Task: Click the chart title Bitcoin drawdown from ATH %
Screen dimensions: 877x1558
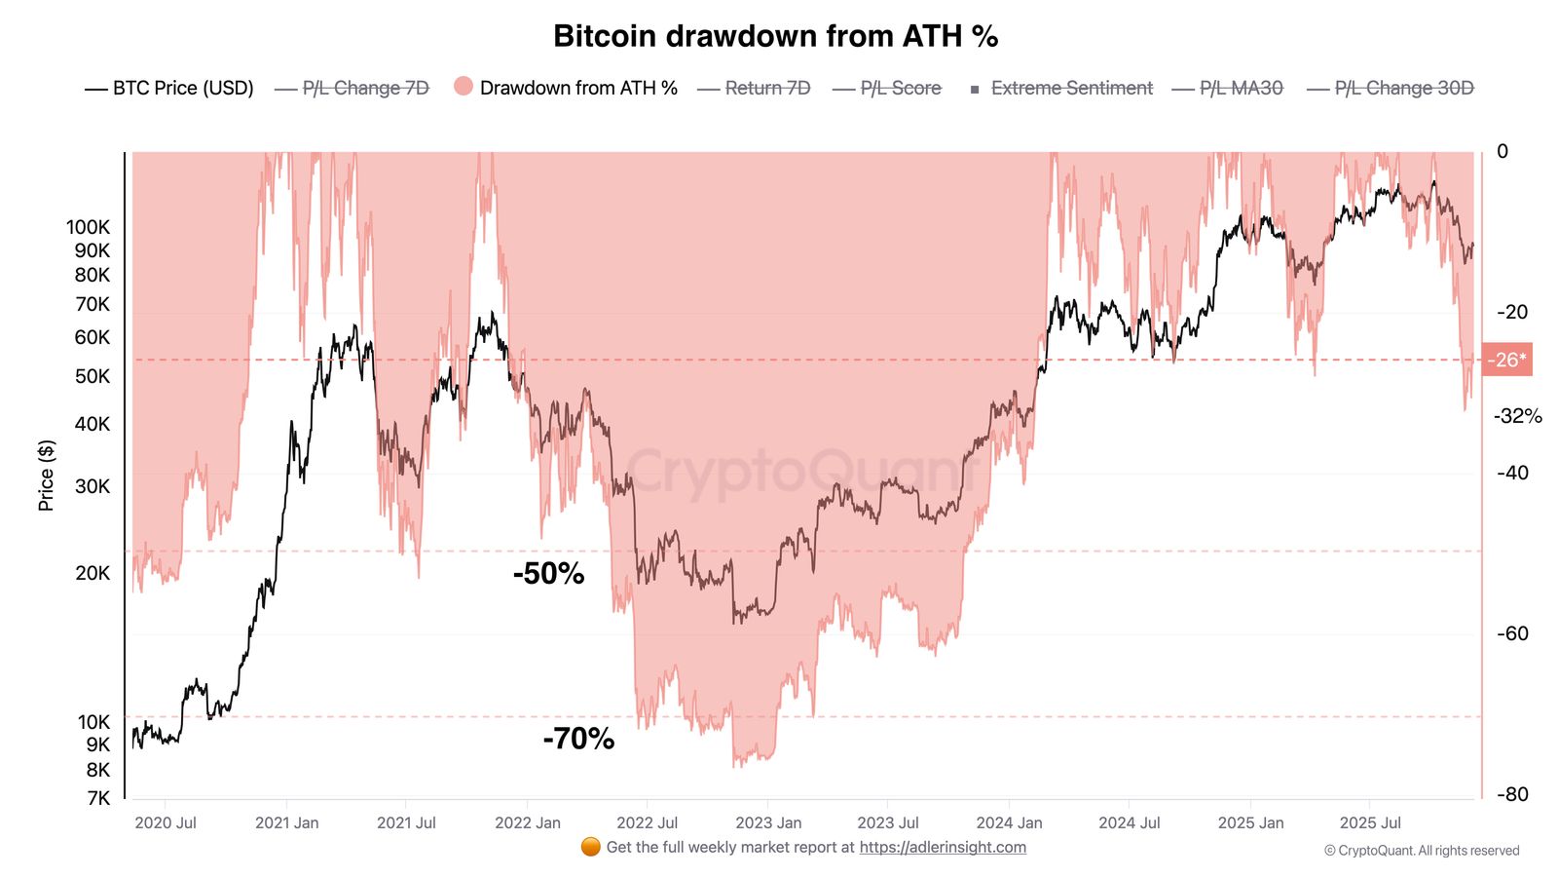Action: tap(775, 36)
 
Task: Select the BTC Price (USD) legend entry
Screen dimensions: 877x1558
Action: tap(169, 88)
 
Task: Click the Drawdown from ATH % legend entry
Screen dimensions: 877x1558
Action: tap(566, 88)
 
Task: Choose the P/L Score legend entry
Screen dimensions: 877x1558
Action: tap(887, 88)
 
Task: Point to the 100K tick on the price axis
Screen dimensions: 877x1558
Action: tap(89, 227)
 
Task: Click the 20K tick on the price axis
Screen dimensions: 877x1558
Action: tap(93, 573)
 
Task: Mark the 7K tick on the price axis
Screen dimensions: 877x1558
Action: tap(98, 798)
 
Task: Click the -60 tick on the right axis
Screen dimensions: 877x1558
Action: tap(1512, 633)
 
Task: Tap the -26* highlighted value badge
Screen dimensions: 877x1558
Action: tap(1506, 360)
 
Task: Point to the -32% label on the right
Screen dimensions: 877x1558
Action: tap(1517, 416)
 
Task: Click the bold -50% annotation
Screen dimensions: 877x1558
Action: tap(548, 573)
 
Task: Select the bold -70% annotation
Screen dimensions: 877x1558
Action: tap(578, 739)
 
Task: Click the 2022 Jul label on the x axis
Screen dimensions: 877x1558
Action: tap(647, 822)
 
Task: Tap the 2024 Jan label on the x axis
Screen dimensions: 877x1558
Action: tap(1009, 822)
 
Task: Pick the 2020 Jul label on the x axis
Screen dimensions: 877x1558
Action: tap(166, 822)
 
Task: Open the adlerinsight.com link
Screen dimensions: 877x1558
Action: tap(942, 847)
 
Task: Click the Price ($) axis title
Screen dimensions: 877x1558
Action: tap(46, 476)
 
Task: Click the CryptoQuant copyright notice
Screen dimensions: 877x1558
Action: tap(1421, 851)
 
